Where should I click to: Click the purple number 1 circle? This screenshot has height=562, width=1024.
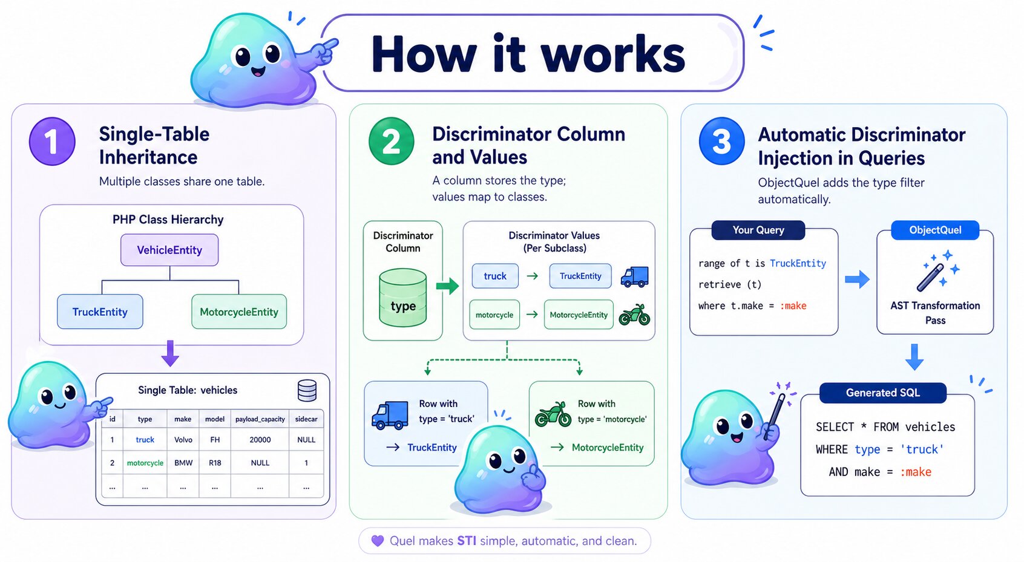(52, 142)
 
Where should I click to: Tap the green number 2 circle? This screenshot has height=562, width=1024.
(391, 142)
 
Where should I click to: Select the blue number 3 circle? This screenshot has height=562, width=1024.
(721, 142)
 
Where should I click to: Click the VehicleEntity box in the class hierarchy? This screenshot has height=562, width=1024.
(169, 250)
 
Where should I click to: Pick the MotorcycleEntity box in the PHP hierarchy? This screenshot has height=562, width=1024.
(239, 312)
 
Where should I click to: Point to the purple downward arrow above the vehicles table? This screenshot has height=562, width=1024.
(170, 353)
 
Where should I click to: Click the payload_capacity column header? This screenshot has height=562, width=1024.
(260, 419)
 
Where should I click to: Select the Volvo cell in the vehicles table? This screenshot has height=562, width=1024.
(183, 440)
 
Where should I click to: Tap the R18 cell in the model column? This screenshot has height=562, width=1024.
(215, 463)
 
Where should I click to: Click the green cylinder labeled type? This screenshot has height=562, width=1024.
(403, 298)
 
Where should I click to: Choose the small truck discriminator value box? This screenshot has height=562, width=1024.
(495, 276)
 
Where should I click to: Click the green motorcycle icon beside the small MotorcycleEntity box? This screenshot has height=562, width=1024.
(634, 315)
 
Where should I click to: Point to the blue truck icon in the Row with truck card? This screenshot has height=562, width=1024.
(390, 416)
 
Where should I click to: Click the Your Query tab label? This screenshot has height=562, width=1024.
(758, 230)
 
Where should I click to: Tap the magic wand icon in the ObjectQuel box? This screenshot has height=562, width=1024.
(936, 271)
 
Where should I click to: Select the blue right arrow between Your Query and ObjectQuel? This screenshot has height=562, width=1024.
(857, 279)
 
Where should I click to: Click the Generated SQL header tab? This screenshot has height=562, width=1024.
(882, 393)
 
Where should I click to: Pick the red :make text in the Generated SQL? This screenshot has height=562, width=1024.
(916, 472)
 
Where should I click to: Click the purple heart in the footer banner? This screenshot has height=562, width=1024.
(378, 541)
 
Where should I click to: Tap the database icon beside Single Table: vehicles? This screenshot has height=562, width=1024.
(307, 391)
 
